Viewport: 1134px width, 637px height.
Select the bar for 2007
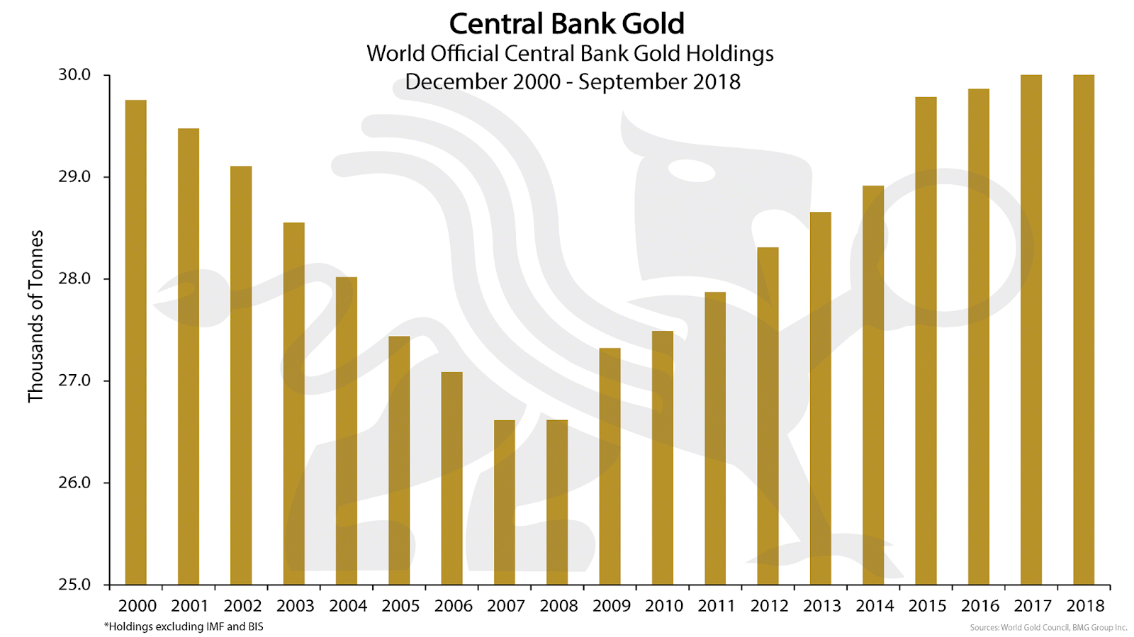[505, 502]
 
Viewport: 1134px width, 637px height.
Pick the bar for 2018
[1084, 330]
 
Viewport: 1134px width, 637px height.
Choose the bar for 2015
[926, 341]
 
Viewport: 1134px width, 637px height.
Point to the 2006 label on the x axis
[454, 606]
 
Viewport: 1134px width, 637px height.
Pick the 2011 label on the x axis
[717, 606]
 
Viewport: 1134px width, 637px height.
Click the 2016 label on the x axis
[980, 606]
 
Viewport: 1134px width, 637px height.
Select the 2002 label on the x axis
[243, 606]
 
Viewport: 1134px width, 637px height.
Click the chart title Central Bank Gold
[567, 24]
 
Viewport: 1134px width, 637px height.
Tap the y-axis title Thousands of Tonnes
[35, 316]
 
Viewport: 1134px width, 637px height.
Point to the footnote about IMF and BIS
[184, 626]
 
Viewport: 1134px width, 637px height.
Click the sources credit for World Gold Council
[1048, 627]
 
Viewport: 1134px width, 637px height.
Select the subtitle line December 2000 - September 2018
[573, 81]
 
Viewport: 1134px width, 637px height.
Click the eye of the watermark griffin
[692, 171]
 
